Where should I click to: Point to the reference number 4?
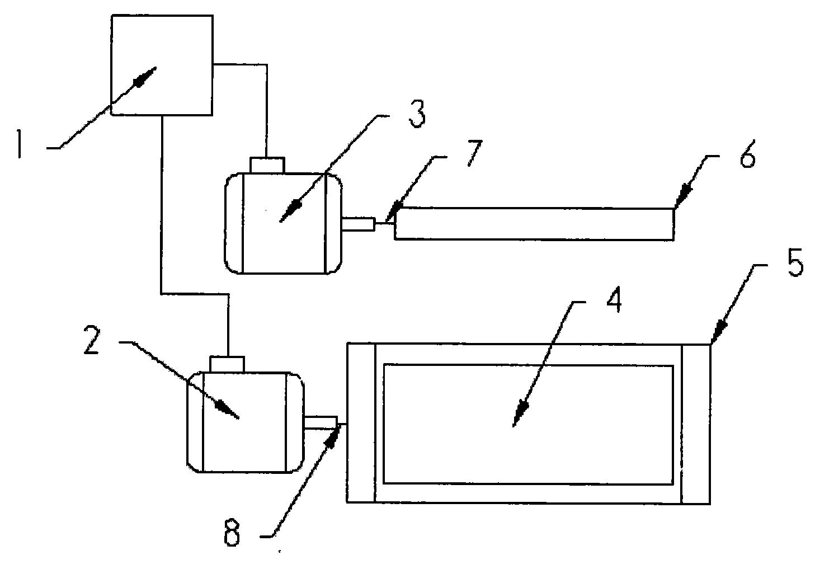tap(614, 301)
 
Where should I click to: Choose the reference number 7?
tap(473, 154)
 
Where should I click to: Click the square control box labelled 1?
tap(162, 65)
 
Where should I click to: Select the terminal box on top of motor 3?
tap(267, 166)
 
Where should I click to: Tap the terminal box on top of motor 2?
tap(227, 364)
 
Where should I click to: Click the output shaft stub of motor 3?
tap(358, 224)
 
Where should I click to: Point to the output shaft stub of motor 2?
tap(320, 422)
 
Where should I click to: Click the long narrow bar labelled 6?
tap(534, 224)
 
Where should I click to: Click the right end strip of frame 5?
tap(696, 424)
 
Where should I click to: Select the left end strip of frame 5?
tap(361, 424)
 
